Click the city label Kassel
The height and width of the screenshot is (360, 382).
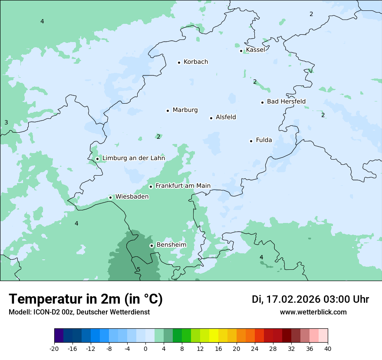(x=255, y=50)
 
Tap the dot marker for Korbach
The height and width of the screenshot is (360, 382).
(x=179, y=62)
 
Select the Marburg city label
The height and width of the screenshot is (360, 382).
(x=185, y=110)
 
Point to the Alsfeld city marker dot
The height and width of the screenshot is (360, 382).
(x=211, y=118)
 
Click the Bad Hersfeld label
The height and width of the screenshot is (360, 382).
(x=286, y=102)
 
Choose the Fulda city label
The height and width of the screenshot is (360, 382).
(x=264, y=140)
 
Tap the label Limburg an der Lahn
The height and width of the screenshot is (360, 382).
(x=133, y=158)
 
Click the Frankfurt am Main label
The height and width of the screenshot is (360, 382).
(x=183, y=186)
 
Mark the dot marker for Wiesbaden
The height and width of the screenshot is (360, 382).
(x=111, y=197)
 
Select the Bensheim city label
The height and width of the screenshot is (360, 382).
(x=171, y=245)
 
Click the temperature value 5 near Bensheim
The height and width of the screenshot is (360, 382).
(x=138, y=270)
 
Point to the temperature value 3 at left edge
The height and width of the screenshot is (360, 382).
(x=6, y=123)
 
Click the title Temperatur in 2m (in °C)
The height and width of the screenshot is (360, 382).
(x=86, y=299)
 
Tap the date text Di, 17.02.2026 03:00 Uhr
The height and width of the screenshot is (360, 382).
(x=310, y=299)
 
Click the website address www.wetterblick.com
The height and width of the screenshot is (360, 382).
(x=313, y=312)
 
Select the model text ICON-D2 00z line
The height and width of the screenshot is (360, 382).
(x=79, y=312)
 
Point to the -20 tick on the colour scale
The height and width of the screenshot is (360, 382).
(x=54, y=349)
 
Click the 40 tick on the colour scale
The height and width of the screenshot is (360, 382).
(x=327, y=349)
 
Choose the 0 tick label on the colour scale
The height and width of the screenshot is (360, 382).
(x=145, y=349)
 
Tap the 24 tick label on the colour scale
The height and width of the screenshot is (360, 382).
(x=255, y=349)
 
